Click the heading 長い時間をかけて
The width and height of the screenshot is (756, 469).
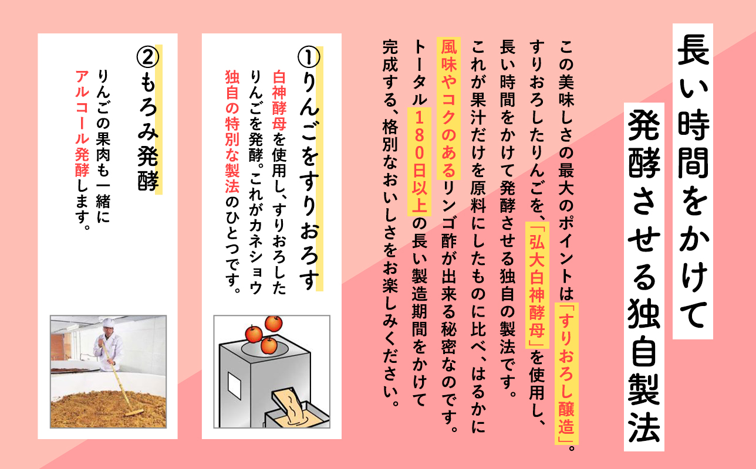[693, 181]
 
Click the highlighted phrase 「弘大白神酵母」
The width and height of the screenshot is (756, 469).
[536, 286]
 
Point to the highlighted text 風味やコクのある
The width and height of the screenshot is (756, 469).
[448, 100]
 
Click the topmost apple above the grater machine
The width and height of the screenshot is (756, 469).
[273, 323]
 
